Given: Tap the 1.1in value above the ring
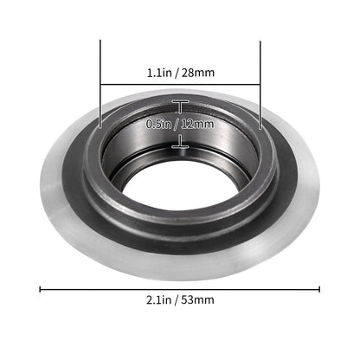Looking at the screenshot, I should [x=160, y=74].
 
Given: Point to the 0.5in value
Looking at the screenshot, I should [x=160, y=124].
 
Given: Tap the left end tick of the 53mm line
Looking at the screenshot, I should [x=40, y=289].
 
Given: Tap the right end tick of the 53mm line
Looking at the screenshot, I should [x=320, y=289].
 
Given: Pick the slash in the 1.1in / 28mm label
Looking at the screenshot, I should [x=179, y=74].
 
